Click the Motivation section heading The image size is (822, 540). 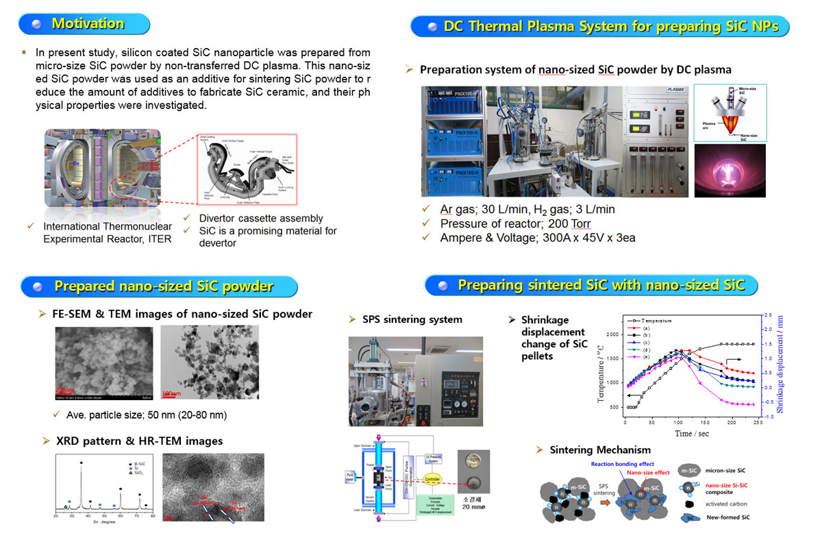(88, 23)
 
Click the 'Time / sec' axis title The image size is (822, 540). (693, 433)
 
